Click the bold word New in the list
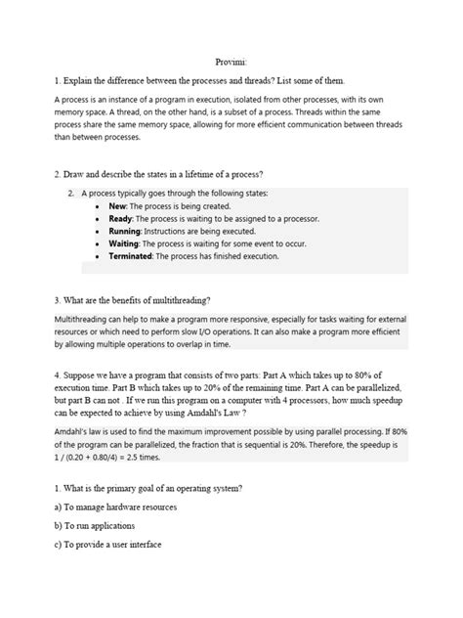[118, 208]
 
